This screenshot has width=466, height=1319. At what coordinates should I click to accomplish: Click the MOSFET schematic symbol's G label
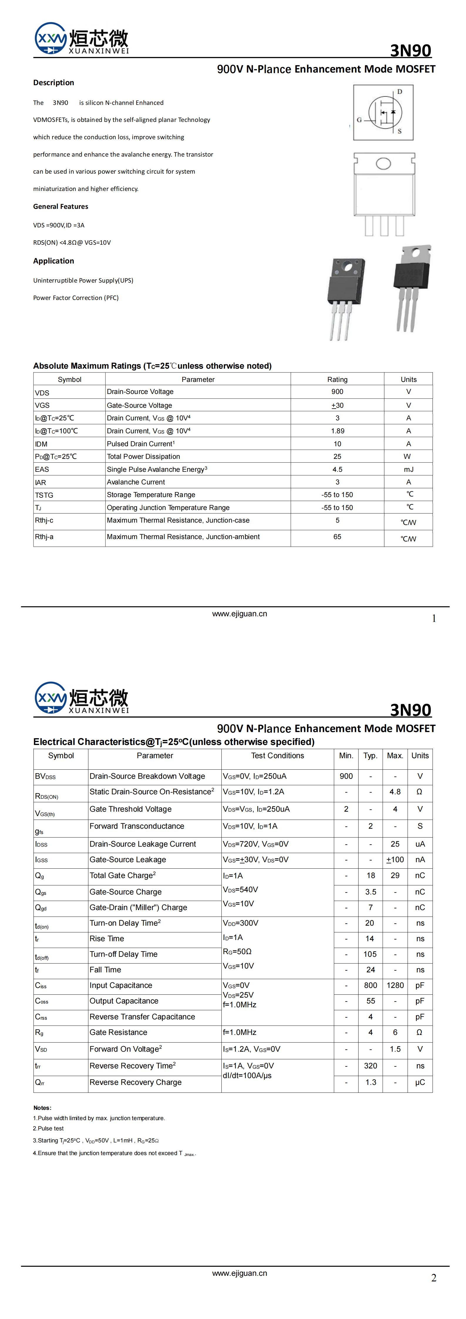[x=359, y=120]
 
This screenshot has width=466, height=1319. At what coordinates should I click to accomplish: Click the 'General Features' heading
[x=60, y=206]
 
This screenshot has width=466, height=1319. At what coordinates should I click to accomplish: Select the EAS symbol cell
[x=42, y=469]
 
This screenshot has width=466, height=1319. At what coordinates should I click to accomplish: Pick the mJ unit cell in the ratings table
[x=408, y=469]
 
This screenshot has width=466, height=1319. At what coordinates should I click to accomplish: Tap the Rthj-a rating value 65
[x=337, y=537]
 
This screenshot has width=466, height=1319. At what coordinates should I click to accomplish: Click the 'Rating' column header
[x=337, y=380]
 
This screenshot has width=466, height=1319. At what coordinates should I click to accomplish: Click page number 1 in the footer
[x=434, y=619]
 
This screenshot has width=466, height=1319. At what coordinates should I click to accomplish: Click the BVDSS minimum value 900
[x=346, y=776]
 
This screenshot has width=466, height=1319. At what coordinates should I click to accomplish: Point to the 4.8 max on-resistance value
[x=395, y=792]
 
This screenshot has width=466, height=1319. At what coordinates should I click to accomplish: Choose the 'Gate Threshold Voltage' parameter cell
[x=131, y=809]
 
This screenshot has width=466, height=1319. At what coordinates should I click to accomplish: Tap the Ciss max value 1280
[x=395, y=985]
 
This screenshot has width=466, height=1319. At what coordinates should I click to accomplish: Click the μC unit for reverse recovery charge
[x=420, y=1083]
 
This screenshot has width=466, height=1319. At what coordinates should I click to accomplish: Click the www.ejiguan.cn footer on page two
[x=240, y=1273]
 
